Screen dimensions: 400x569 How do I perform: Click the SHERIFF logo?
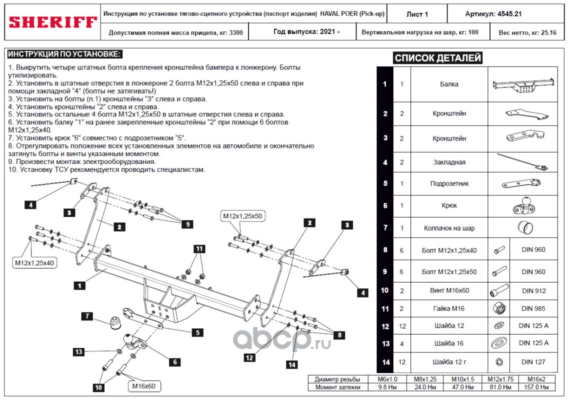pyautogui.click(x=52, y=22)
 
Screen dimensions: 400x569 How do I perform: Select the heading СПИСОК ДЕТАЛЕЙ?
pyautogui.click(x=437, y=58)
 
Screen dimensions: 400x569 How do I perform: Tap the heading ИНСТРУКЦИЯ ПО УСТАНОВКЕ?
pyautogui.click(x=65, y=54)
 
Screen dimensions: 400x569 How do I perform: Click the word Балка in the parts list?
pyautogui.click(x=449, y=84)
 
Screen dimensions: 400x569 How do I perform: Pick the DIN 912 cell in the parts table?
pyautogui.click(x=533, y=290)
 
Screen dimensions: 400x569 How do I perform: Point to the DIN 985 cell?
pyautogui.click(x=533, y=308)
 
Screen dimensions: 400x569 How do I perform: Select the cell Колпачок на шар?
pyautogui.click(x=449, y=228)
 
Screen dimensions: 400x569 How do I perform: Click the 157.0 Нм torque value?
pyautogui.click(x=538, y=387)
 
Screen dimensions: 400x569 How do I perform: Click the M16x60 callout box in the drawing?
pyautogui.click(x=143, y=386)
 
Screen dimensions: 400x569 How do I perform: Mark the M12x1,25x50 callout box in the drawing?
pyautogui.click(x=243, y=216)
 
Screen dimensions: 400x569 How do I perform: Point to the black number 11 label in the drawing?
pyautogui.click(x=199, y=248)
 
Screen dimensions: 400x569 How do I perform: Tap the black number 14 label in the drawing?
pyautogui.click(x=291, y=365)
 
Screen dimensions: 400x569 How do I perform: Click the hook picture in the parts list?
pyautogui.click(x=522, y=205)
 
